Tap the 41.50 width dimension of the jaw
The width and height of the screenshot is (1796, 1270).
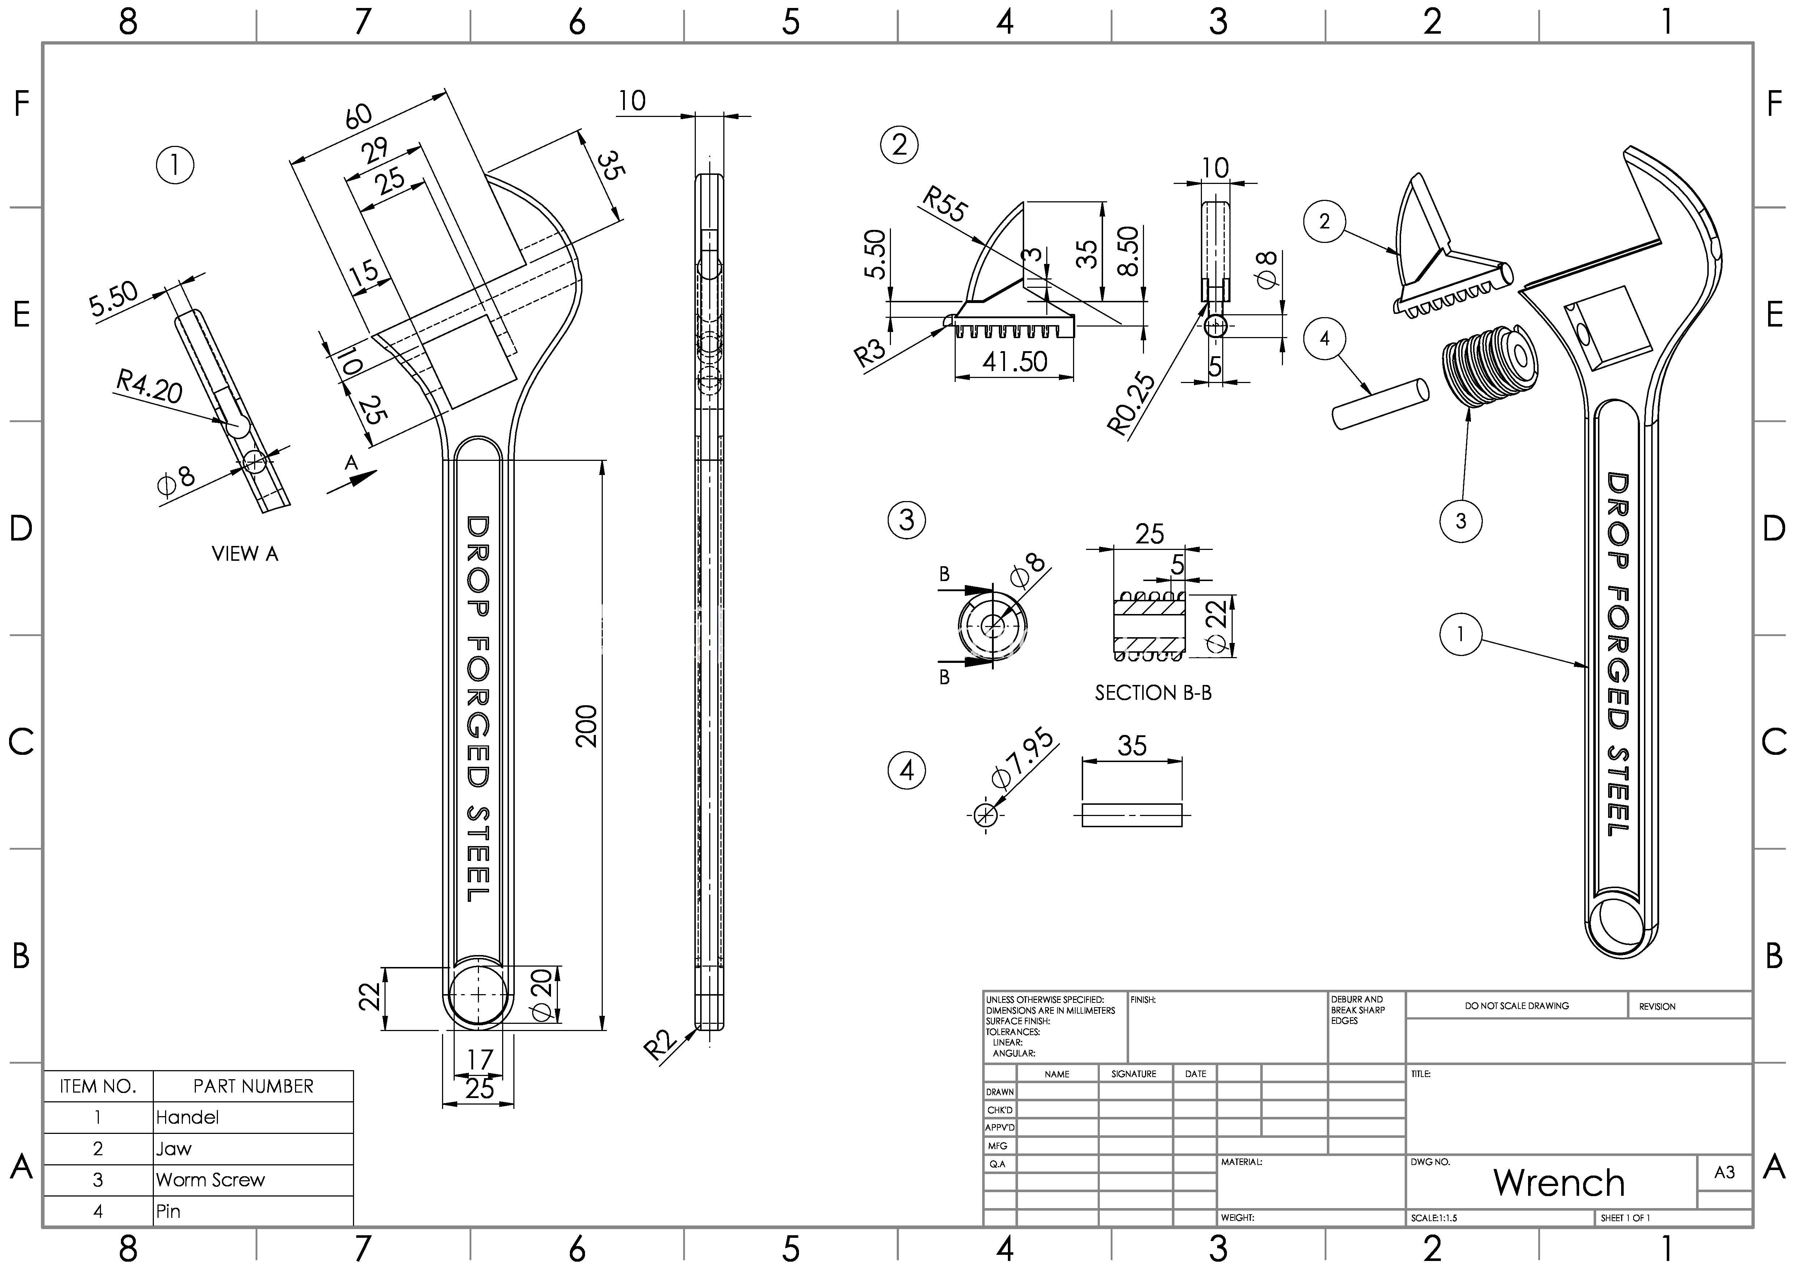coord(1014,361)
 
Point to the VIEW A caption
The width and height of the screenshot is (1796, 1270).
coord(245,554)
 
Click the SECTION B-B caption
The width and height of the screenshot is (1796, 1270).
coord(1153,693)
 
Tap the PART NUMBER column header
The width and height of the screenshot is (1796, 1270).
coord(253,1086)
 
